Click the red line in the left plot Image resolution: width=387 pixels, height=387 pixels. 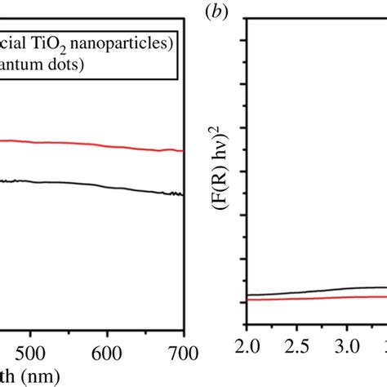(82, 143)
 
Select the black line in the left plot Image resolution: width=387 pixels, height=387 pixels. (82, 182)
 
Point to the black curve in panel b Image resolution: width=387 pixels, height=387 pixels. (327, 290)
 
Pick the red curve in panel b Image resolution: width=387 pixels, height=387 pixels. (327, 298)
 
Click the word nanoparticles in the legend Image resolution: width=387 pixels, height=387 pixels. (130, 42)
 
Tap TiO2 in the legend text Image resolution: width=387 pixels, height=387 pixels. (62, 43)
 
